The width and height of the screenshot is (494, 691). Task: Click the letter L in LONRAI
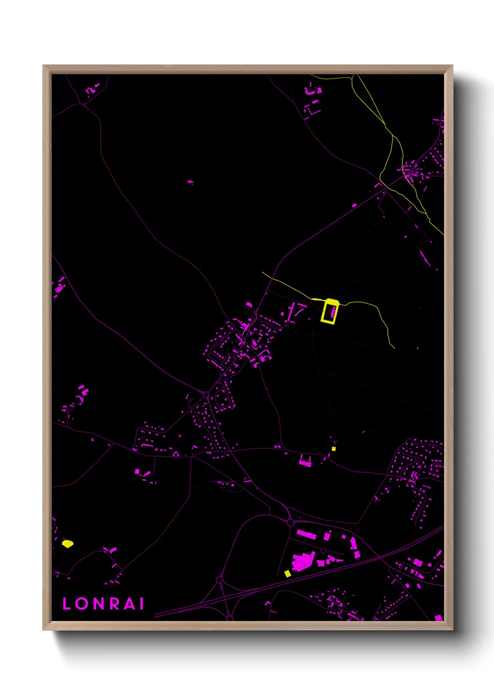coord(66,604)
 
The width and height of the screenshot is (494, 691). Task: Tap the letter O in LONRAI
coord(82,604)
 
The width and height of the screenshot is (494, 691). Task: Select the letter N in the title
coord(99,604)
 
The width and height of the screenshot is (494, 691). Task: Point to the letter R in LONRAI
coord(116,604)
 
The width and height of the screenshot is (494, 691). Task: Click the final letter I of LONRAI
coord(142,604)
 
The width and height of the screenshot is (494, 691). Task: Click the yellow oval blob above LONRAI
coord(68,543)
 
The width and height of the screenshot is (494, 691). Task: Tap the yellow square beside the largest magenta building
coord(288,573)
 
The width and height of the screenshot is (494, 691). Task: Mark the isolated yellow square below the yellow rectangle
coord(333,449)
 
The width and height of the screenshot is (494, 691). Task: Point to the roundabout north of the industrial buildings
coord(290,522)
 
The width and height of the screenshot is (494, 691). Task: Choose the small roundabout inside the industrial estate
coord(323,551)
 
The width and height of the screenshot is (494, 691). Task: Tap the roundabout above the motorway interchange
coord(219,580)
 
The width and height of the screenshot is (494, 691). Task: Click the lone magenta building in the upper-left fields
coord(190,182)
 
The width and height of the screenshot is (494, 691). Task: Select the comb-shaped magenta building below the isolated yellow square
coord(306,462)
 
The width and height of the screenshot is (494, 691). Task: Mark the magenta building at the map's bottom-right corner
coord(438,618)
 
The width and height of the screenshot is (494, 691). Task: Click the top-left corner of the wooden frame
coord(43,66)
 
